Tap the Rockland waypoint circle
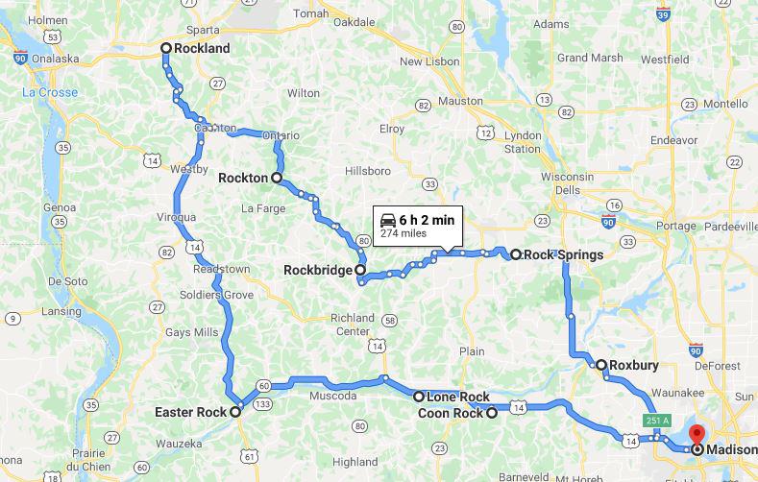(x=165, y=48)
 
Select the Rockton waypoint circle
(x=277, y=178)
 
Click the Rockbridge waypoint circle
(x=361, y=271)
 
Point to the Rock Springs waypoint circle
(x=516, y=254)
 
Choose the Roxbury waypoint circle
(x=600, y=365)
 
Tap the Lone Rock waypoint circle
(x=419, y=397)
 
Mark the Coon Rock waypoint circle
(x=492, y=414)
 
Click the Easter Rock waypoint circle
(x=235, y=412)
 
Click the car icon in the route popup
(x=387, y=220)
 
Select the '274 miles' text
(x=403, y=233)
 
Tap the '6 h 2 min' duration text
(x=427, y=220)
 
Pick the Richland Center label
(x=352, y=324)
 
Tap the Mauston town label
(x=460, y=100)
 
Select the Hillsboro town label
(x=368, y=171)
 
